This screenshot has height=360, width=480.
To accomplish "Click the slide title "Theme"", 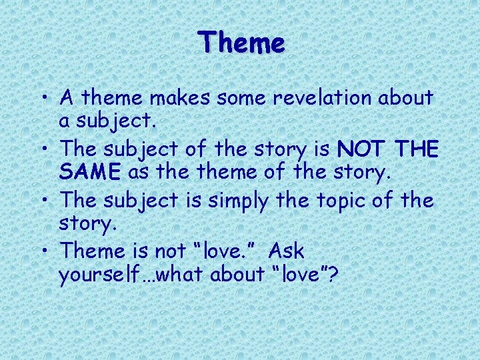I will coord(241,43).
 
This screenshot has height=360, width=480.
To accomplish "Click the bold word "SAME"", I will coord(90,173).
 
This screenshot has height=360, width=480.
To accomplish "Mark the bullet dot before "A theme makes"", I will coord(43,99).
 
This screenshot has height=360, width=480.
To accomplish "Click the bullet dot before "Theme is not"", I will coord(43,252).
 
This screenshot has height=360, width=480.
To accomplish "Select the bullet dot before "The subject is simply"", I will coord(43,201).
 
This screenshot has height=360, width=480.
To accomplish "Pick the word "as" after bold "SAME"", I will coord(137,173).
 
